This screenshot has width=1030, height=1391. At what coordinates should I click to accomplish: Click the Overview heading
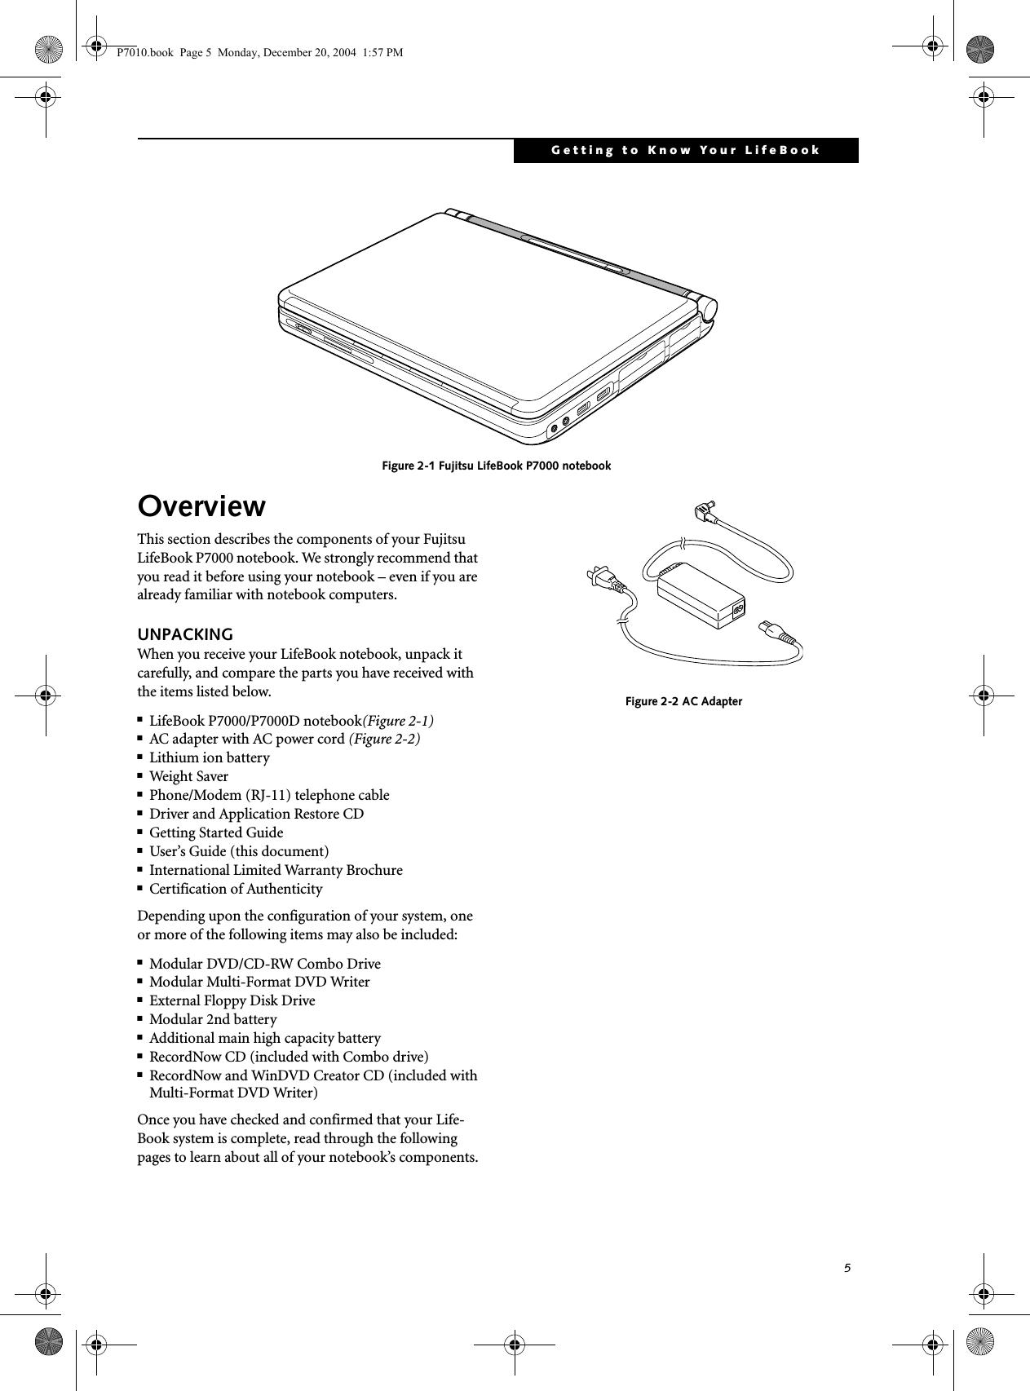click(x=201, y=506)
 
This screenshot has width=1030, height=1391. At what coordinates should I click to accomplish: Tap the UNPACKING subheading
click(x=185, y=634)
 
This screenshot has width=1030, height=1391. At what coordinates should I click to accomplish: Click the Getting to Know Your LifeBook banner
click(x=685, y=151)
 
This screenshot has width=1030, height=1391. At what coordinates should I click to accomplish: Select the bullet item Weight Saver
click(x=188, y=776)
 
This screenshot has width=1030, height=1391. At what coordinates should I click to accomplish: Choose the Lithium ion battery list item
click(x=209, y=757)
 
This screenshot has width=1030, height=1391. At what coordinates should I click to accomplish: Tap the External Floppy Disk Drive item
click(x=232, y=1000)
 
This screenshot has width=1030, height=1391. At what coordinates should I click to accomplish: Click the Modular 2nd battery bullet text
click(x=213, y=1019)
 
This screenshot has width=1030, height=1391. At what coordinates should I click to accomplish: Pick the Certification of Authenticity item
click(x=236, y=889)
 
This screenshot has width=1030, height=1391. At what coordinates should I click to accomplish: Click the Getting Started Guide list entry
click(x=216, y=832)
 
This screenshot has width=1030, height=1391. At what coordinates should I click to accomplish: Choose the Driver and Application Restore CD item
click(x=256, y=814)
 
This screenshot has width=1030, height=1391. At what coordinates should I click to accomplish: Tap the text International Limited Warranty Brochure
click(x=276, y=870)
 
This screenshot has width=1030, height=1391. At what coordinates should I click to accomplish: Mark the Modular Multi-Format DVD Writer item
click(x=259, y=982)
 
